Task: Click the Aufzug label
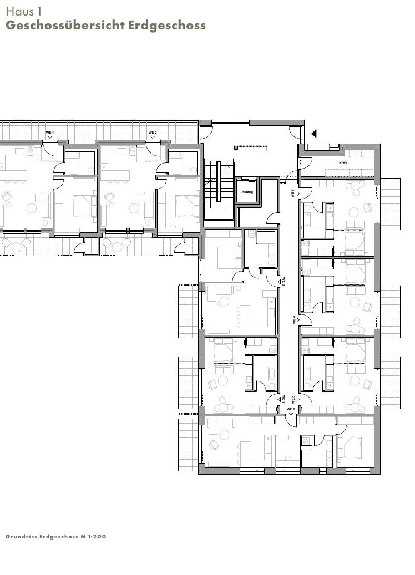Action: click(x=247, y=191)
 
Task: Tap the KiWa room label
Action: click(x=343, y=163)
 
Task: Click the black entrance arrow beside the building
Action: click(x=314, y=134)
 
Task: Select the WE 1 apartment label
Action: click(x=49, y=133)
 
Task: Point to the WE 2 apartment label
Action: click(x=153, y=133)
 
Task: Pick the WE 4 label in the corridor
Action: click(x=295, y=320)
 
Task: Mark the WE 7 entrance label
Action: click(x=282, y=399)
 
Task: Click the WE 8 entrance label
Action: click(x=282, y=281)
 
